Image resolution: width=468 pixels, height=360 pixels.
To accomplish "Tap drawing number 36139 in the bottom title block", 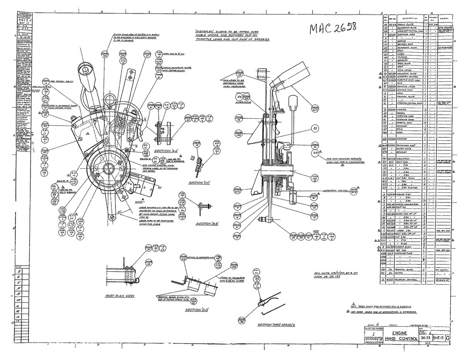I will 425,337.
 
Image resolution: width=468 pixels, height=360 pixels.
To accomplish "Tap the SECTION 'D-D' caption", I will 197,310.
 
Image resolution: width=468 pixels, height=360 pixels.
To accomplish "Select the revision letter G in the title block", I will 448,337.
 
